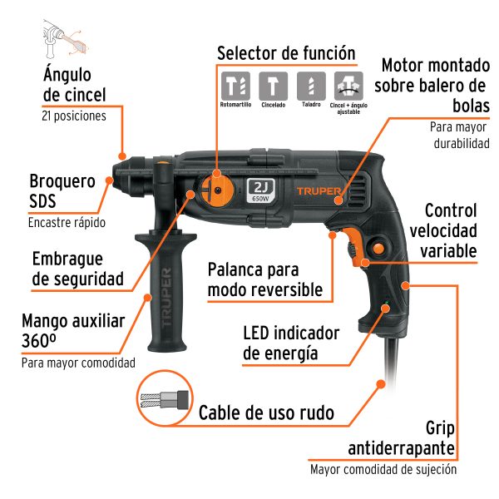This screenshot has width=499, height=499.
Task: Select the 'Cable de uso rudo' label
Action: coord(266,413)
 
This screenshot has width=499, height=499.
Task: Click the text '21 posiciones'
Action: coord(74,116)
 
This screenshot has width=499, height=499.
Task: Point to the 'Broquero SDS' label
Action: coord(62,191)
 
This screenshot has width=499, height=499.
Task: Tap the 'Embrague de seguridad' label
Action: coord(77,268)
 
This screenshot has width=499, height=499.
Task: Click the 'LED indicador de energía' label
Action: coord(291,343)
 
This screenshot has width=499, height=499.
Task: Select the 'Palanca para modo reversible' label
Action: coord(264,280)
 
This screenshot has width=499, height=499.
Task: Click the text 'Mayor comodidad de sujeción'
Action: coord(383,469)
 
